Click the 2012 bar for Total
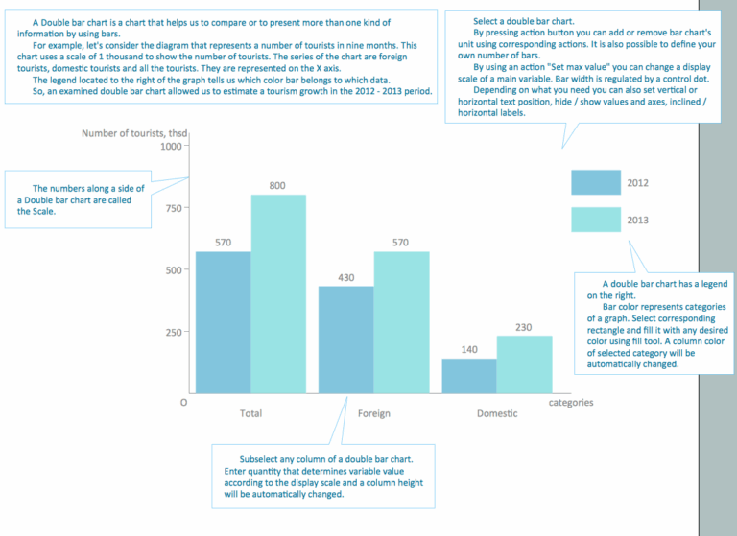point(223,322)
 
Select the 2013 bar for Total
point(278,293)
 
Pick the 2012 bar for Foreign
point(345,339)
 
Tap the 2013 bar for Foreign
point(401,322)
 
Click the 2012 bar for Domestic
point(469,376)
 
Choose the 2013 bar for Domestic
point(524,364)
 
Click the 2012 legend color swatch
point(594,183)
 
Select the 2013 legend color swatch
point(594,220)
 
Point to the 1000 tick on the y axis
point(169,147)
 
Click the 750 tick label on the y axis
point(172,208)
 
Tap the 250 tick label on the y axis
point(172,333)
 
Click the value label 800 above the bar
point(277,185)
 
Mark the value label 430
point(345,277)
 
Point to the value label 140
point(469,350)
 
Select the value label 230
point(524,327)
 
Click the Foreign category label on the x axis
point(373,414)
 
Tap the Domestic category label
point(496,414)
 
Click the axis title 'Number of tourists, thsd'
point(134,132)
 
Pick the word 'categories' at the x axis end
point(571,403)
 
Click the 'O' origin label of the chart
point(182,403)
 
